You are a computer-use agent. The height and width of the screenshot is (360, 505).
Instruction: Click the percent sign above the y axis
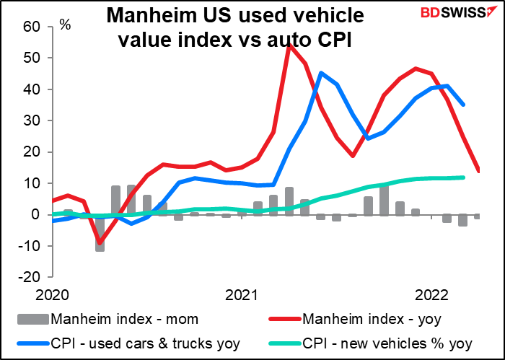[65, 25]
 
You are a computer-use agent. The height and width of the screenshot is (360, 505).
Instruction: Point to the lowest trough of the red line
[100, 242]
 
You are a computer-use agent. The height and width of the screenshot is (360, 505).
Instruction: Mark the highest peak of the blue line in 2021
[321, 73]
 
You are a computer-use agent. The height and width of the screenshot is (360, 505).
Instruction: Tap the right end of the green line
[463, 177]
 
